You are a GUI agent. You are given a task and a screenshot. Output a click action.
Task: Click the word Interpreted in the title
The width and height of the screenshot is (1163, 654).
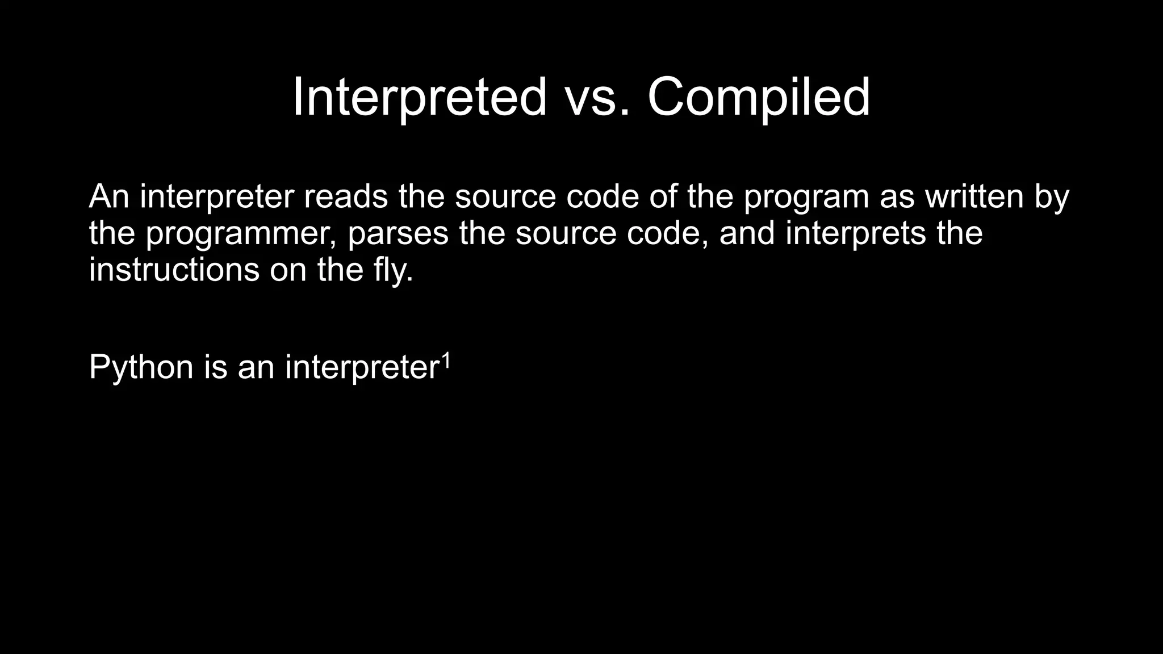point(420,97)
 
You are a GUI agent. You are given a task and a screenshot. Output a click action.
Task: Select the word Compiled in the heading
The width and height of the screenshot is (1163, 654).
point(758,97)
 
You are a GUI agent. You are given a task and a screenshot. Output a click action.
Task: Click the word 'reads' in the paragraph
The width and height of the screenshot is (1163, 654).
point(346,196)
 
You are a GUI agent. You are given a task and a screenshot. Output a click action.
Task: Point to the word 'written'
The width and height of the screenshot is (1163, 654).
point(974,196)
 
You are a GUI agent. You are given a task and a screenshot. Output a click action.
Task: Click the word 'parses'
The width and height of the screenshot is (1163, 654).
point(398,233)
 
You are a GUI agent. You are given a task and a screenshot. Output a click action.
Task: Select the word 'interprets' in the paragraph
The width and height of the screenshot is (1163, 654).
point(856,233)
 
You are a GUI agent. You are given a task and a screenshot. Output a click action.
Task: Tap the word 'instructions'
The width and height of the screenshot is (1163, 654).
point(174,270)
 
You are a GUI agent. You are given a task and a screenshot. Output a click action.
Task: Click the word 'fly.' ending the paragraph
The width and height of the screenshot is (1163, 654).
point(394,270)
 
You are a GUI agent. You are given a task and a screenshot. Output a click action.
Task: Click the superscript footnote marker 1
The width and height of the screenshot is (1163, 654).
point(446,359)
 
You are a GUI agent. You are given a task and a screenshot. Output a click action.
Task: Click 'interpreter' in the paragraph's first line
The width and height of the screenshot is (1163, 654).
point(217,196)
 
